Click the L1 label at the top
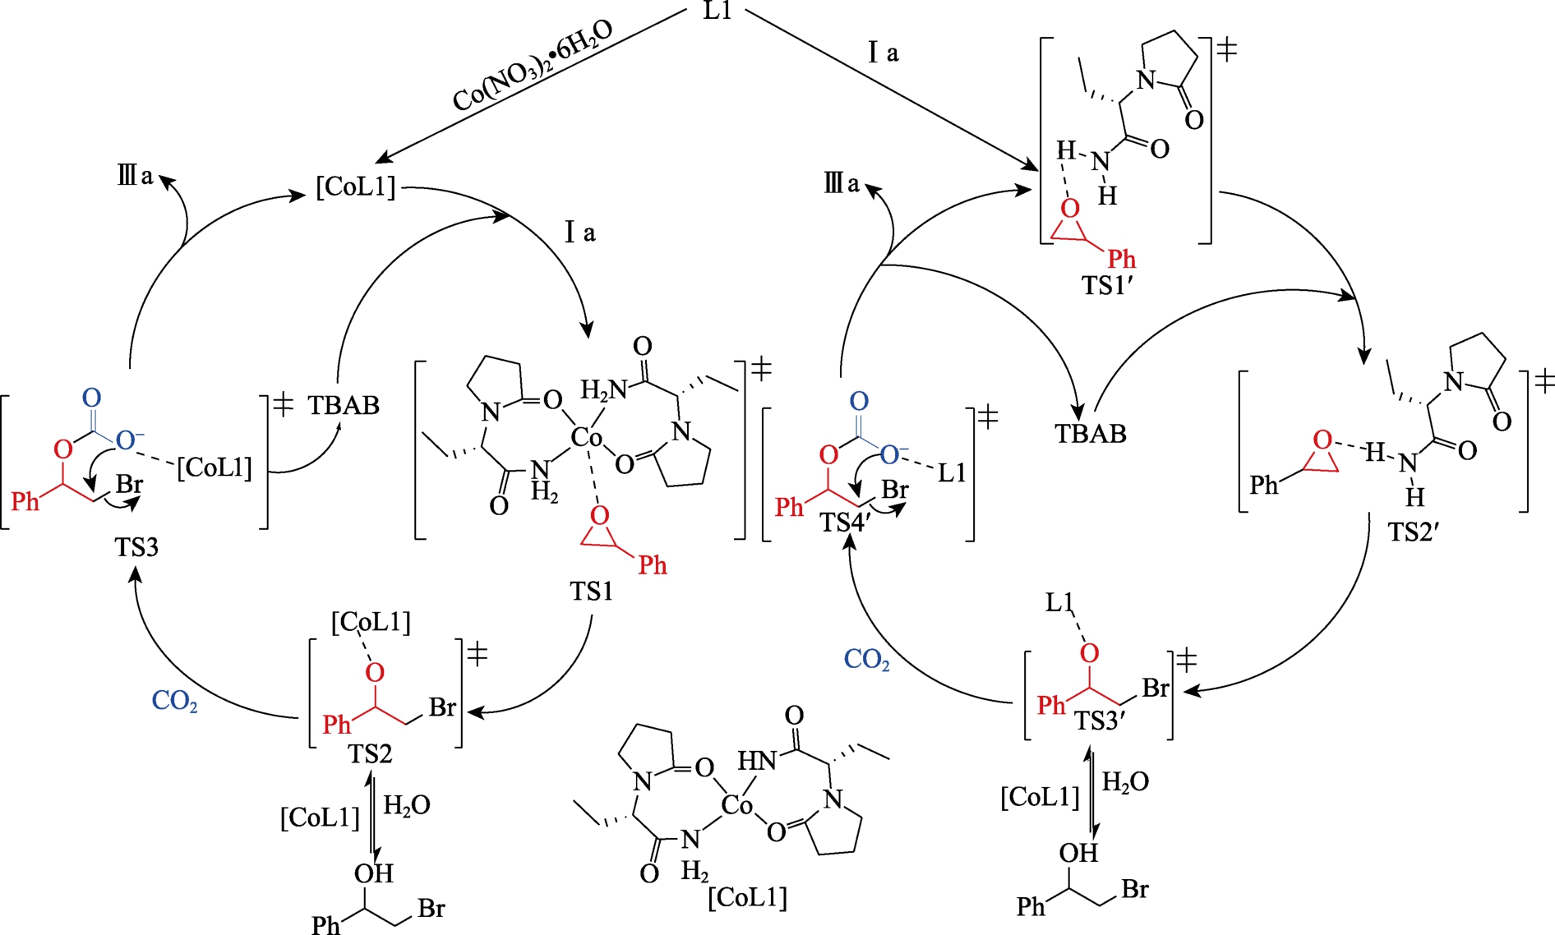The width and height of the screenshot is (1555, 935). tap(718, 11)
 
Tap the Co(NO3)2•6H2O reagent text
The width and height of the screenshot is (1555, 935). tap(533, 66)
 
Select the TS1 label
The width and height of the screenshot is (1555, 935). tap(591, 591)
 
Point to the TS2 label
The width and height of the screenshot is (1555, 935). tap(370, 753)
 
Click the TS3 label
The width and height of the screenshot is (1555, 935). tap(136, 547)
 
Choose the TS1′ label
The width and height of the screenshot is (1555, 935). tap(1108, 285)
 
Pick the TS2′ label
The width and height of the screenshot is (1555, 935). tap(1413, 532)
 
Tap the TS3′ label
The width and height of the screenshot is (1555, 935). tap(1100, 721)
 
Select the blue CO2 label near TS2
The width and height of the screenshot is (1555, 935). tap(174, 702)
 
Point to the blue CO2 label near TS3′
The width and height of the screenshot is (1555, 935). tap(867, 660)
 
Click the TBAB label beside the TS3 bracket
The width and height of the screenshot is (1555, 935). tap(344, 406)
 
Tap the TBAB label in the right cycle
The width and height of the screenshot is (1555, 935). tap(1091, 434)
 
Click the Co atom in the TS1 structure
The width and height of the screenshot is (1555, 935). tap(587, 438)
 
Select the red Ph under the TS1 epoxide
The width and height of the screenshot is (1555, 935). tap(653, 565)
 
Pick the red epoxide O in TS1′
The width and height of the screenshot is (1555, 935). tap(1069, 209)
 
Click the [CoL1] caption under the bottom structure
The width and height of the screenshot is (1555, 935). tap(747, 896)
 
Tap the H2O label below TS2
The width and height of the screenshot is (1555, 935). tap(407, 806)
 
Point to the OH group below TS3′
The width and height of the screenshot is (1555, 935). tap(1078, 854)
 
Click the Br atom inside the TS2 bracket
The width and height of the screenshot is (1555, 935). tap(442, 707)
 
